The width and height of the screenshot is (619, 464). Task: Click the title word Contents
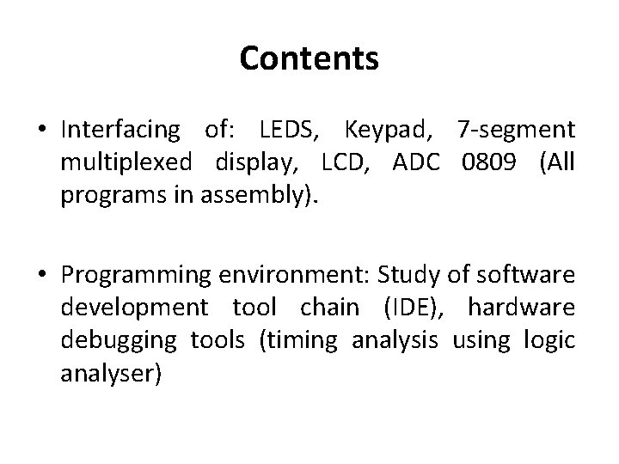click(309, 58)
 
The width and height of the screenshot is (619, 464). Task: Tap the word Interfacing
click(120, 131)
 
